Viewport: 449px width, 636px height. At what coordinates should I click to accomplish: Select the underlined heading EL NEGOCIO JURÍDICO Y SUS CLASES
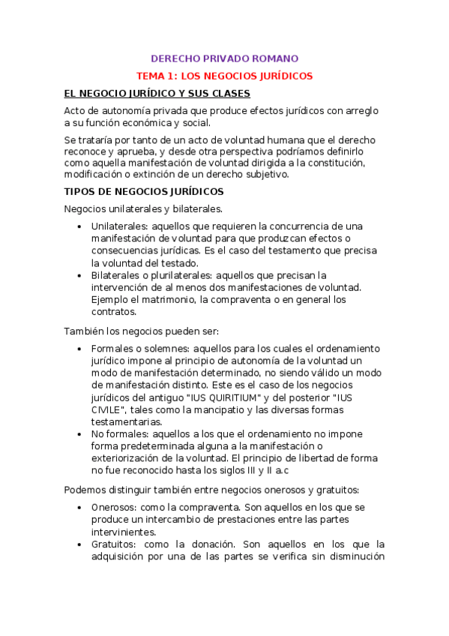(157, 94)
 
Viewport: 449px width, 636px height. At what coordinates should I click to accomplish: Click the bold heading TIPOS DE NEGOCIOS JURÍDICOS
(139, 191)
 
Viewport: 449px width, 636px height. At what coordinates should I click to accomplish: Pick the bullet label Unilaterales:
(120, 226)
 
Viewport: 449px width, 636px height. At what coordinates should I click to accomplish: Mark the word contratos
(114, 312)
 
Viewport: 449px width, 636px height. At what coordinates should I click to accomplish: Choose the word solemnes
(166, 349)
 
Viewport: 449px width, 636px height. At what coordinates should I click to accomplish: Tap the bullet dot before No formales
(80, 434)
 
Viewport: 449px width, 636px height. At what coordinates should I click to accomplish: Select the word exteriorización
(132, 458)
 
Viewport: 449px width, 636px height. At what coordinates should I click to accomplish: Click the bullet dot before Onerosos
(80, 507)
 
